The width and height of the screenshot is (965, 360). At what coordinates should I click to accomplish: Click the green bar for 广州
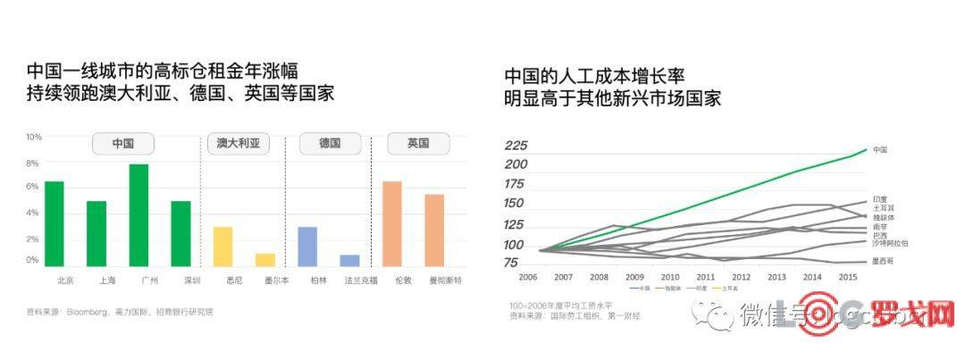(x=138, y=215)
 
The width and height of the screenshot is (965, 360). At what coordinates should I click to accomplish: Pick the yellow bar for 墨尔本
(x=265, y=260)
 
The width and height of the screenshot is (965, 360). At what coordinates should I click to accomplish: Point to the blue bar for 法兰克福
(x=349, y=261)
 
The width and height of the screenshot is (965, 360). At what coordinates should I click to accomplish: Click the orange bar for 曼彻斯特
(x=434, y=230)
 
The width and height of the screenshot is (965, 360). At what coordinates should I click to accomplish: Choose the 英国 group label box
(x=417, y=143)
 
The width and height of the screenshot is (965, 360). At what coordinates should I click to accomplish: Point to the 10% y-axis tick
(x=33, y=137)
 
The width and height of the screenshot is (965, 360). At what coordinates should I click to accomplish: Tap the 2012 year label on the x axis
(x=742, y=278)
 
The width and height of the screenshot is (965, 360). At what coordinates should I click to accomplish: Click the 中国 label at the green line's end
(x=880, y=150)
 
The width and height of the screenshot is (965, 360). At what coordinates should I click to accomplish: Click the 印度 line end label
(x=880, y=199)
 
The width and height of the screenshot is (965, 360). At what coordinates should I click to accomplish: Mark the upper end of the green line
(x=866, y=149)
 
